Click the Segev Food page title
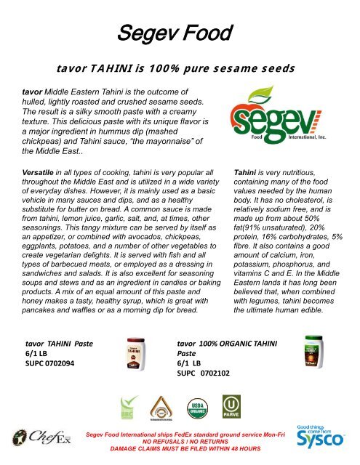pos(179,32)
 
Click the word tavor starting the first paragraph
pos(32,93)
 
